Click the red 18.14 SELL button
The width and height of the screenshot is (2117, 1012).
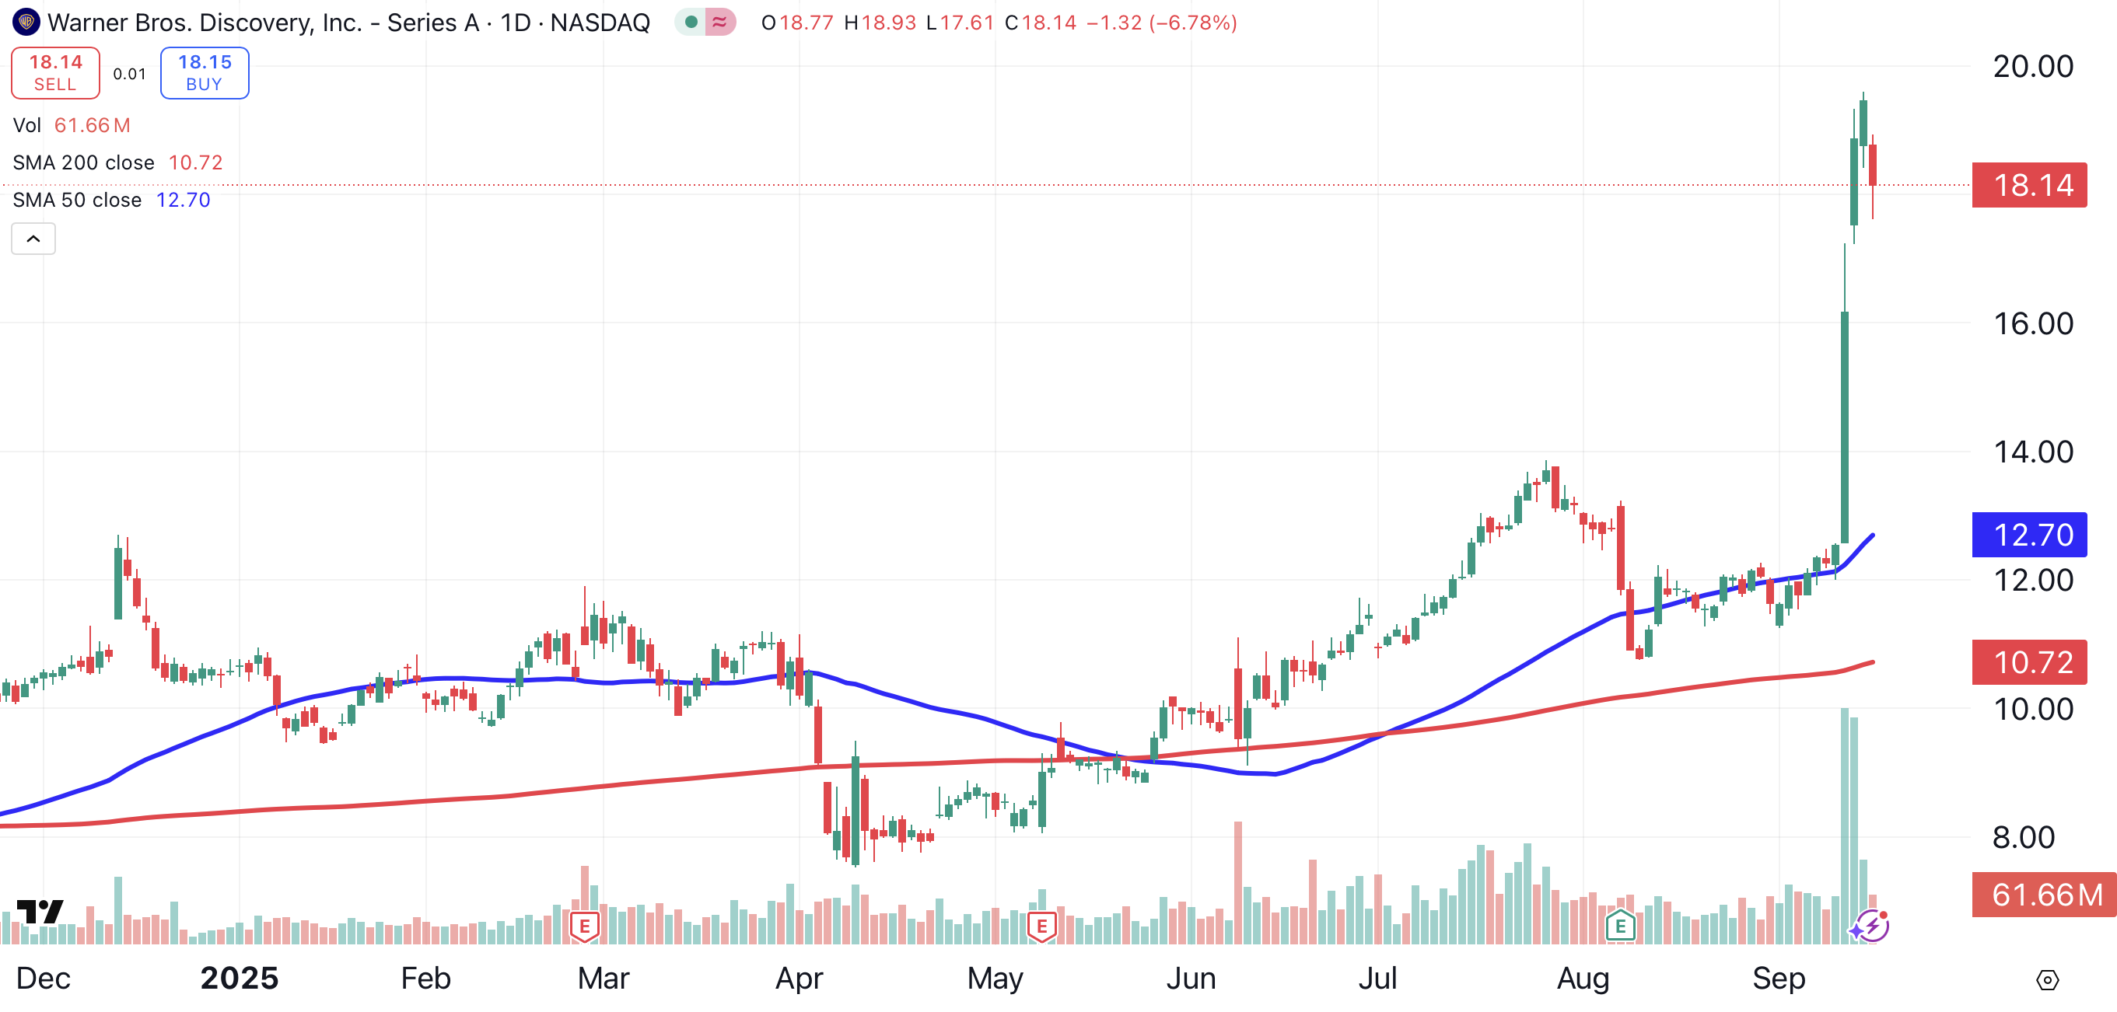click(55, 73)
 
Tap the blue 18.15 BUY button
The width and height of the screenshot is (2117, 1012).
click(205, 73)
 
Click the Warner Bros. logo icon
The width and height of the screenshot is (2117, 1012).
click(26, 23)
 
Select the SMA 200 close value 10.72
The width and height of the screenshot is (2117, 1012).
click(195, 162)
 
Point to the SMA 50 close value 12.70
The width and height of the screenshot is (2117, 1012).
click(184, 200)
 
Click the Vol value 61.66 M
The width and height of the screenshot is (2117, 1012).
click(92, 125)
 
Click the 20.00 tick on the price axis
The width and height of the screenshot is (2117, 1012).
click(2032, 67)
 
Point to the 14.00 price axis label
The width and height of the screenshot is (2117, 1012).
click(2032, 452)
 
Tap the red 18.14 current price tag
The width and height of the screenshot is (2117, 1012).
click(2028, 185)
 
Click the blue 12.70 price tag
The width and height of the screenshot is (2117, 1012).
click(2028, 535)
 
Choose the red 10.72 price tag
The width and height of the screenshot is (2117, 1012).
click(2028, 662)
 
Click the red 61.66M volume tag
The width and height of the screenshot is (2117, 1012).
click(2043, 895)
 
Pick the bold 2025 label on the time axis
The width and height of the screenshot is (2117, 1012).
click(239, 979)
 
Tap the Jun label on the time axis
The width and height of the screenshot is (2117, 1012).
click(1190, 979)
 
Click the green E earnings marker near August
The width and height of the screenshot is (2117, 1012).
click(1620, 927)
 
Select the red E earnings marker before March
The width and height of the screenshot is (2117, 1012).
click(584, 927)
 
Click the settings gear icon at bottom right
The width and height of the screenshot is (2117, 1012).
click(2046, 979)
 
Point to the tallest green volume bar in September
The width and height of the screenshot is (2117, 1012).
click(1845, 822)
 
